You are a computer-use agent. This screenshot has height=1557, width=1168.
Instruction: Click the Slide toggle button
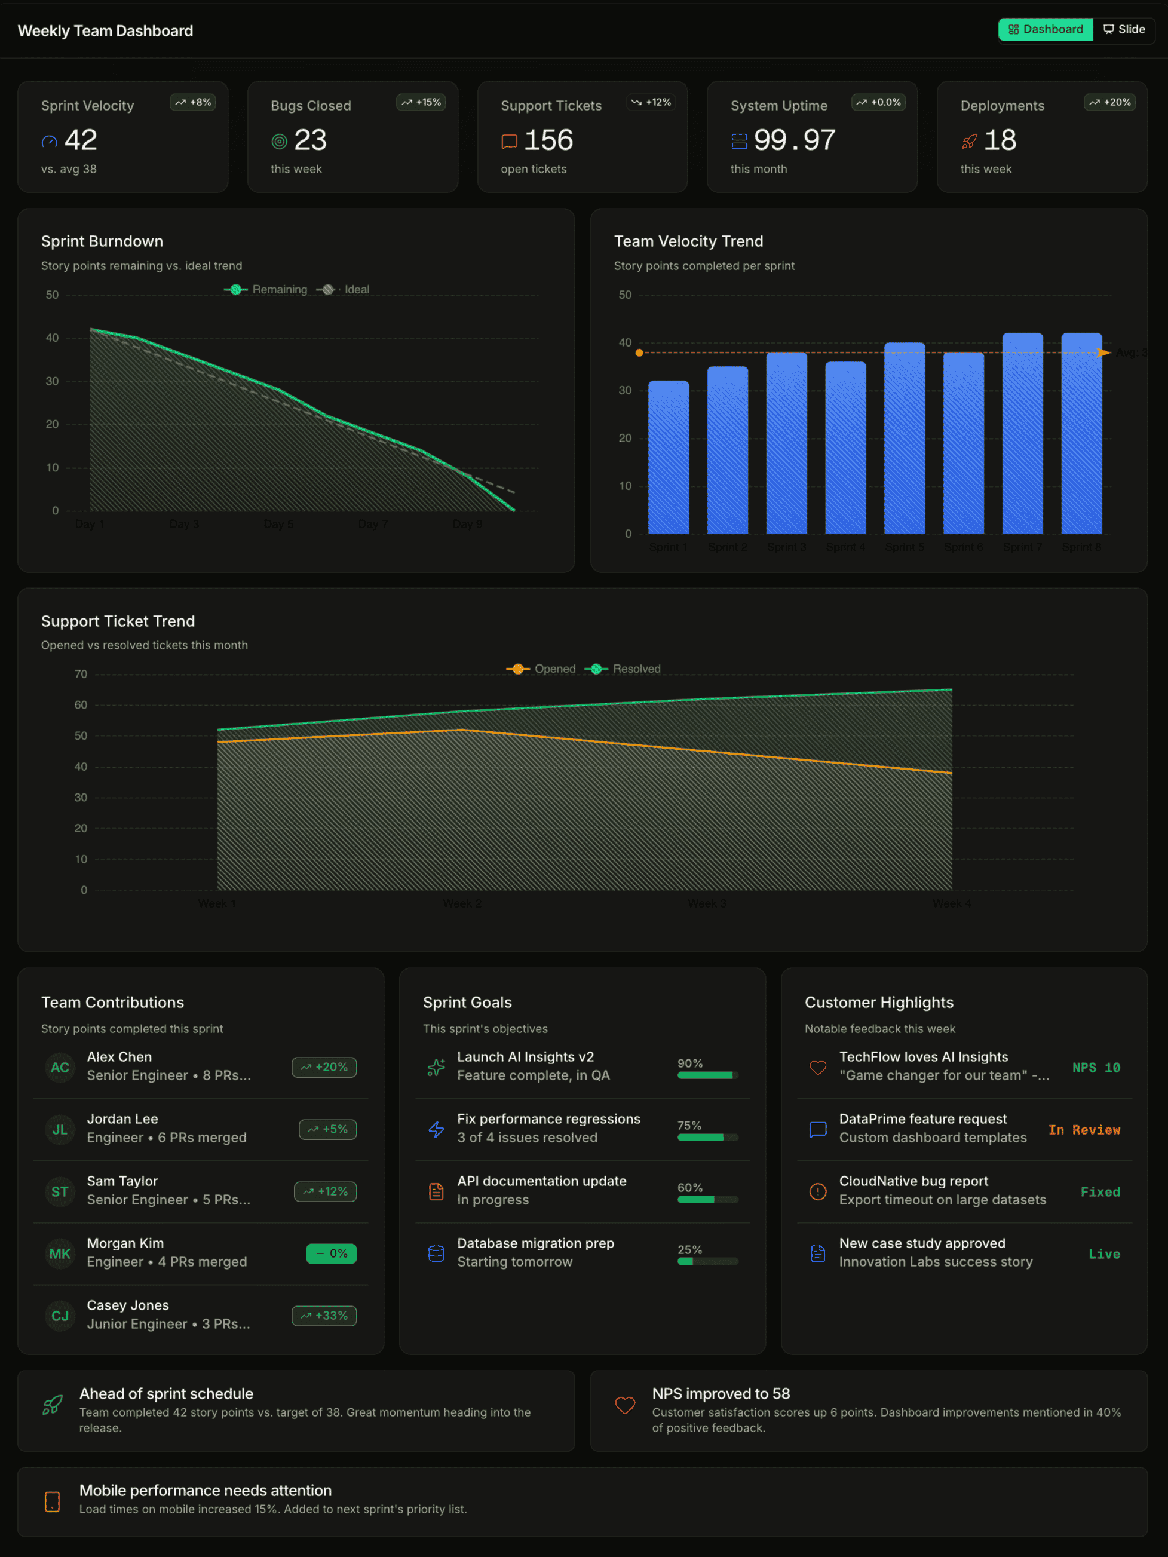(1124, 29)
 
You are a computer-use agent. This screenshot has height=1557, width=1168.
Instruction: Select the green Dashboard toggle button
(1045, 29)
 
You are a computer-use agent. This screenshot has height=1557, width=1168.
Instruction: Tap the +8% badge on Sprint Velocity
(193, 103)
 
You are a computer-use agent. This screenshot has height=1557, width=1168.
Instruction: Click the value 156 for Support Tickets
(548, 140)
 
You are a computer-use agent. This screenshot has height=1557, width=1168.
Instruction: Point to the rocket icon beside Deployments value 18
(970, 142)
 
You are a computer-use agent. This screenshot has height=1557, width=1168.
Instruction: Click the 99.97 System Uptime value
(794, 140)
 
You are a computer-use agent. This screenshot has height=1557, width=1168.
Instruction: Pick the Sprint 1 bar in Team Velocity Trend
(668, 458)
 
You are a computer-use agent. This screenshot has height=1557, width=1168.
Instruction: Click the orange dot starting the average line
(639, 353)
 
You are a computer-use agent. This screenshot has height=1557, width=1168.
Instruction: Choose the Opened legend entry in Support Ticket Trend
(541, 669)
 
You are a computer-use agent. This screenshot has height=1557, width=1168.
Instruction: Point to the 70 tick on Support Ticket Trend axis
(81, 675)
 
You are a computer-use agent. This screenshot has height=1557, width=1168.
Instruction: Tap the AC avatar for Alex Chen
(60, 1067)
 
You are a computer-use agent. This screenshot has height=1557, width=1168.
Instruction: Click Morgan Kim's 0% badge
(331, 1253)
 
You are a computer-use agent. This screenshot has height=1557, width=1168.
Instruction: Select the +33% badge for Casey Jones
(324, 1316)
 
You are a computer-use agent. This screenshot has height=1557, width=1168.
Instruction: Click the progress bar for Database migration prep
(707, 1261)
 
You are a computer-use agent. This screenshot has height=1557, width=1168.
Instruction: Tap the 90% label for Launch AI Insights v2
(690, 1063)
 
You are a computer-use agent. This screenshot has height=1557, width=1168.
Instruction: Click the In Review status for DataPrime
(1084, 1130)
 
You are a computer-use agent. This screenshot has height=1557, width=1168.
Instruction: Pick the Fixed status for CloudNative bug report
(1100, 1192)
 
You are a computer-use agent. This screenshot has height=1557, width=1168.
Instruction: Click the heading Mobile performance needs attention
(206, 1490)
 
